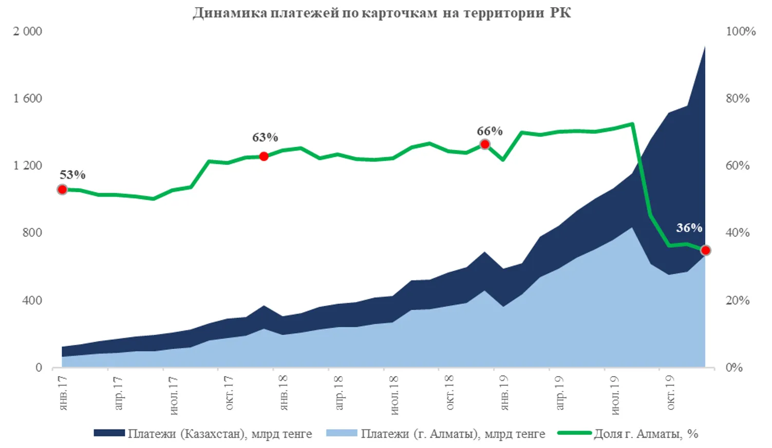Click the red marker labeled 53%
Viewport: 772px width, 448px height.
pos(62,190)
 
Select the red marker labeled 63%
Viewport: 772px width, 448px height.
pos(263,156)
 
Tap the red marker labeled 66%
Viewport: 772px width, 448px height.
pos(484,144)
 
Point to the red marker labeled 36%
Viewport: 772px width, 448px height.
pos(705,250)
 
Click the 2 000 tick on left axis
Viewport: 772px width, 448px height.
pos(27,31)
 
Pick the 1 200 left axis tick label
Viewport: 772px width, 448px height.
pos(27,165)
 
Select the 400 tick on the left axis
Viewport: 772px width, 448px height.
pos(32,300)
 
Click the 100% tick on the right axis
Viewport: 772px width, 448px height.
pos(740,31)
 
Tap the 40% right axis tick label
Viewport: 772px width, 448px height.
pos(738,233)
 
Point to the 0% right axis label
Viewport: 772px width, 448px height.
pos(735,367)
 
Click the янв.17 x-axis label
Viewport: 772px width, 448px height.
pos(63,393)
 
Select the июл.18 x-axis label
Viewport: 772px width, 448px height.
pos(394,395)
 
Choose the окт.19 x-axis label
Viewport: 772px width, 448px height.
pos(670,393)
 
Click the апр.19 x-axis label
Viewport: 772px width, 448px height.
pos(560,393)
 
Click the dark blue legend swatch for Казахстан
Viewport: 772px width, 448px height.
pos(109,434)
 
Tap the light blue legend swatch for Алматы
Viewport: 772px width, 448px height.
pos(341,434)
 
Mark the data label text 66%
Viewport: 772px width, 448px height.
pos(489,131)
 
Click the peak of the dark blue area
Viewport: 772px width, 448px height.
pos(704,47)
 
